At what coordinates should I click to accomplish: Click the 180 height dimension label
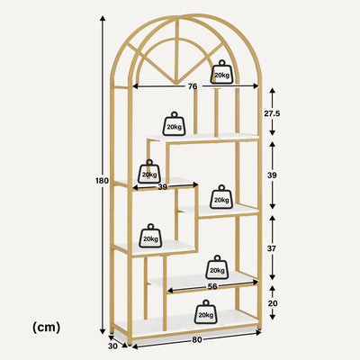point(102,181)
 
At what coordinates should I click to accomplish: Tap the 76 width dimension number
point(193,86)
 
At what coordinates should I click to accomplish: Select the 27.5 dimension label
point(272,113)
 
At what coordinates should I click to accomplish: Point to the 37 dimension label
point(272,248)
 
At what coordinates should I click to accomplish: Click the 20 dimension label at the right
point(273,303)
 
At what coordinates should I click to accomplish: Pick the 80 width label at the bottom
point(197,340)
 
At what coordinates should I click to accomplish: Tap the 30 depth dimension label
point(112,346)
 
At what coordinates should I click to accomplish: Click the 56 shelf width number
point(212,286)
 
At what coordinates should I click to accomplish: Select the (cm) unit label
point(46,327)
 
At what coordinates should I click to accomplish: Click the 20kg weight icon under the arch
point(221,72)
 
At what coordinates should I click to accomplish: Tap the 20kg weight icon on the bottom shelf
point(206,312)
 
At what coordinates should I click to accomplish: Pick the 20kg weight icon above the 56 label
point(217,267)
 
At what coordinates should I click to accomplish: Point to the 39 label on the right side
point(272,175)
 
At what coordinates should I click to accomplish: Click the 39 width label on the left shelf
point(163,187)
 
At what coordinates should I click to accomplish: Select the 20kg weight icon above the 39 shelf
point(149,172)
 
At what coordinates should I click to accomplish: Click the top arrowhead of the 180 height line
point(103,19)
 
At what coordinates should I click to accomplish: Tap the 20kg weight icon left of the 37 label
point(221,197)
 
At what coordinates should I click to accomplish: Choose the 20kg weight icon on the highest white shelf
point(174,124)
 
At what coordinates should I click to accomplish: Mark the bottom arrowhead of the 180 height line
point(103,330)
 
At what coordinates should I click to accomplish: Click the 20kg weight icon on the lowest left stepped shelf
point(150,236)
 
